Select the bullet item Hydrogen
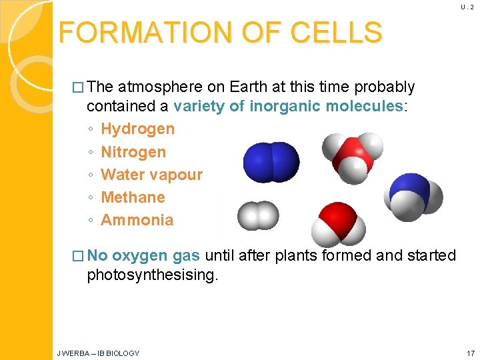137,129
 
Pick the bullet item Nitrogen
133,152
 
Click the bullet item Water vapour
151,175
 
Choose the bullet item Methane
133,197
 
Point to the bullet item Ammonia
137,220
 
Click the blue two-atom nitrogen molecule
271,161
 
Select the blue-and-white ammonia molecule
413,193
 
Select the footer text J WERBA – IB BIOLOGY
98,353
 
